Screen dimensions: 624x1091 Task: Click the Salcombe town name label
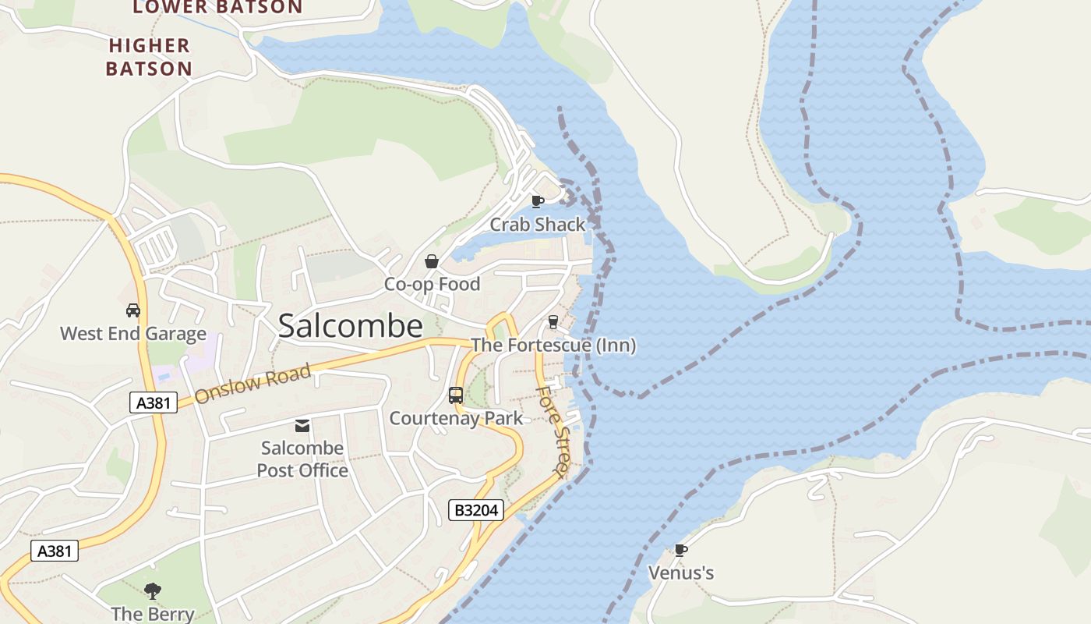(x=350, y=326)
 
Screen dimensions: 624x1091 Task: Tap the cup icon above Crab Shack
(x=537, y=201)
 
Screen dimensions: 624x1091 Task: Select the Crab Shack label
(x=537, y=225)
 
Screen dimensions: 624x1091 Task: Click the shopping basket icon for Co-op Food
(x=431, y=261)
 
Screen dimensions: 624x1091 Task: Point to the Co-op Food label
(x=432, y=284)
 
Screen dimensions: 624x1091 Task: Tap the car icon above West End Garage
(x=133, y=310)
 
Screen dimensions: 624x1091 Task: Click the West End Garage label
(x=133, y=334)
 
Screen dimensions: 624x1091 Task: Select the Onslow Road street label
(x=252, y=383)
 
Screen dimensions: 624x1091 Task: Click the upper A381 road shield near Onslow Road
(x=153, y=402)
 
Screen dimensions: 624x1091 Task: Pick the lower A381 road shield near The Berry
(x=55, y=551)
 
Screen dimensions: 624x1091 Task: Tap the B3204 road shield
(x=476, y=510)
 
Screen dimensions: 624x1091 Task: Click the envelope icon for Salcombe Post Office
(x=302, y=425)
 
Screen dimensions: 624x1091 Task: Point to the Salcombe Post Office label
(x=302, y=459)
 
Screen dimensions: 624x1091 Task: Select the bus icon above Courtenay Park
(x=456, y=395)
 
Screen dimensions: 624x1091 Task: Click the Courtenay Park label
(x=456, y=418)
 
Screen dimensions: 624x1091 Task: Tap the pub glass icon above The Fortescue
(x=553, y=322)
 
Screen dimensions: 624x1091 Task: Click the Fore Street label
(x=552, y=430)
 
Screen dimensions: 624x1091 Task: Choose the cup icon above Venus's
(x=681, y=550)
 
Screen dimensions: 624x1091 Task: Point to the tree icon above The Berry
(x=153, y=591)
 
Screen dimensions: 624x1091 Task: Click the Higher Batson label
(x=149, y=57)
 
